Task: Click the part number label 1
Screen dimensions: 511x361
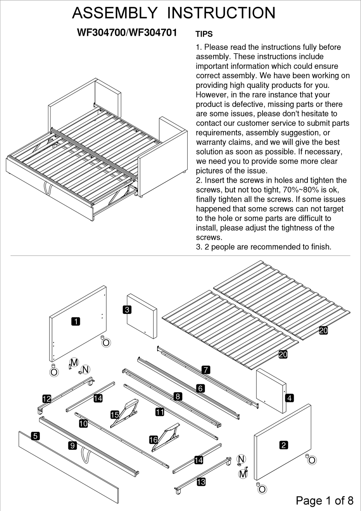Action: tap(76, 322)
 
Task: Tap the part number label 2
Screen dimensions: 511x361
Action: tap(283, 445)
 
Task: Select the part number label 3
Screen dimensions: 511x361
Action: tap(127, 310)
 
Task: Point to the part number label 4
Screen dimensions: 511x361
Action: tap(290, 398)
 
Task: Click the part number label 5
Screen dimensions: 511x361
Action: tap(35, 436)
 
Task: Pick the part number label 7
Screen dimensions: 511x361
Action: tap(206, 369)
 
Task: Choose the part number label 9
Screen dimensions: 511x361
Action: tap(72, 446)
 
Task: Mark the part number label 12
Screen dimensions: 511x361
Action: tap(46, 399)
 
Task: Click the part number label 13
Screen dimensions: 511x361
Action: tap(201, 482)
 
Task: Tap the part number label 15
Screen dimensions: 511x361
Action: tap(115, 414)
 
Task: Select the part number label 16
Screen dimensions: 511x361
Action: tap(153, 440)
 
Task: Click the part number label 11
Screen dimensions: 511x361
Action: tap(160, 412)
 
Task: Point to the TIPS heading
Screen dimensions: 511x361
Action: tap(204, 34)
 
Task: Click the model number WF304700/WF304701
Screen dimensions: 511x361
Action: tap(127, 33)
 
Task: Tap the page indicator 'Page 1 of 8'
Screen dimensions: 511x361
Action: tap(325, 500)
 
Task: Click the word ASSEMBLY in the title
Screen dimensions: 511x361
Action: tap(114, 13)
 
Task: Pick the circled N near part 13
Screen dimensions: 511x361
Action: tap(241, 459)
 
